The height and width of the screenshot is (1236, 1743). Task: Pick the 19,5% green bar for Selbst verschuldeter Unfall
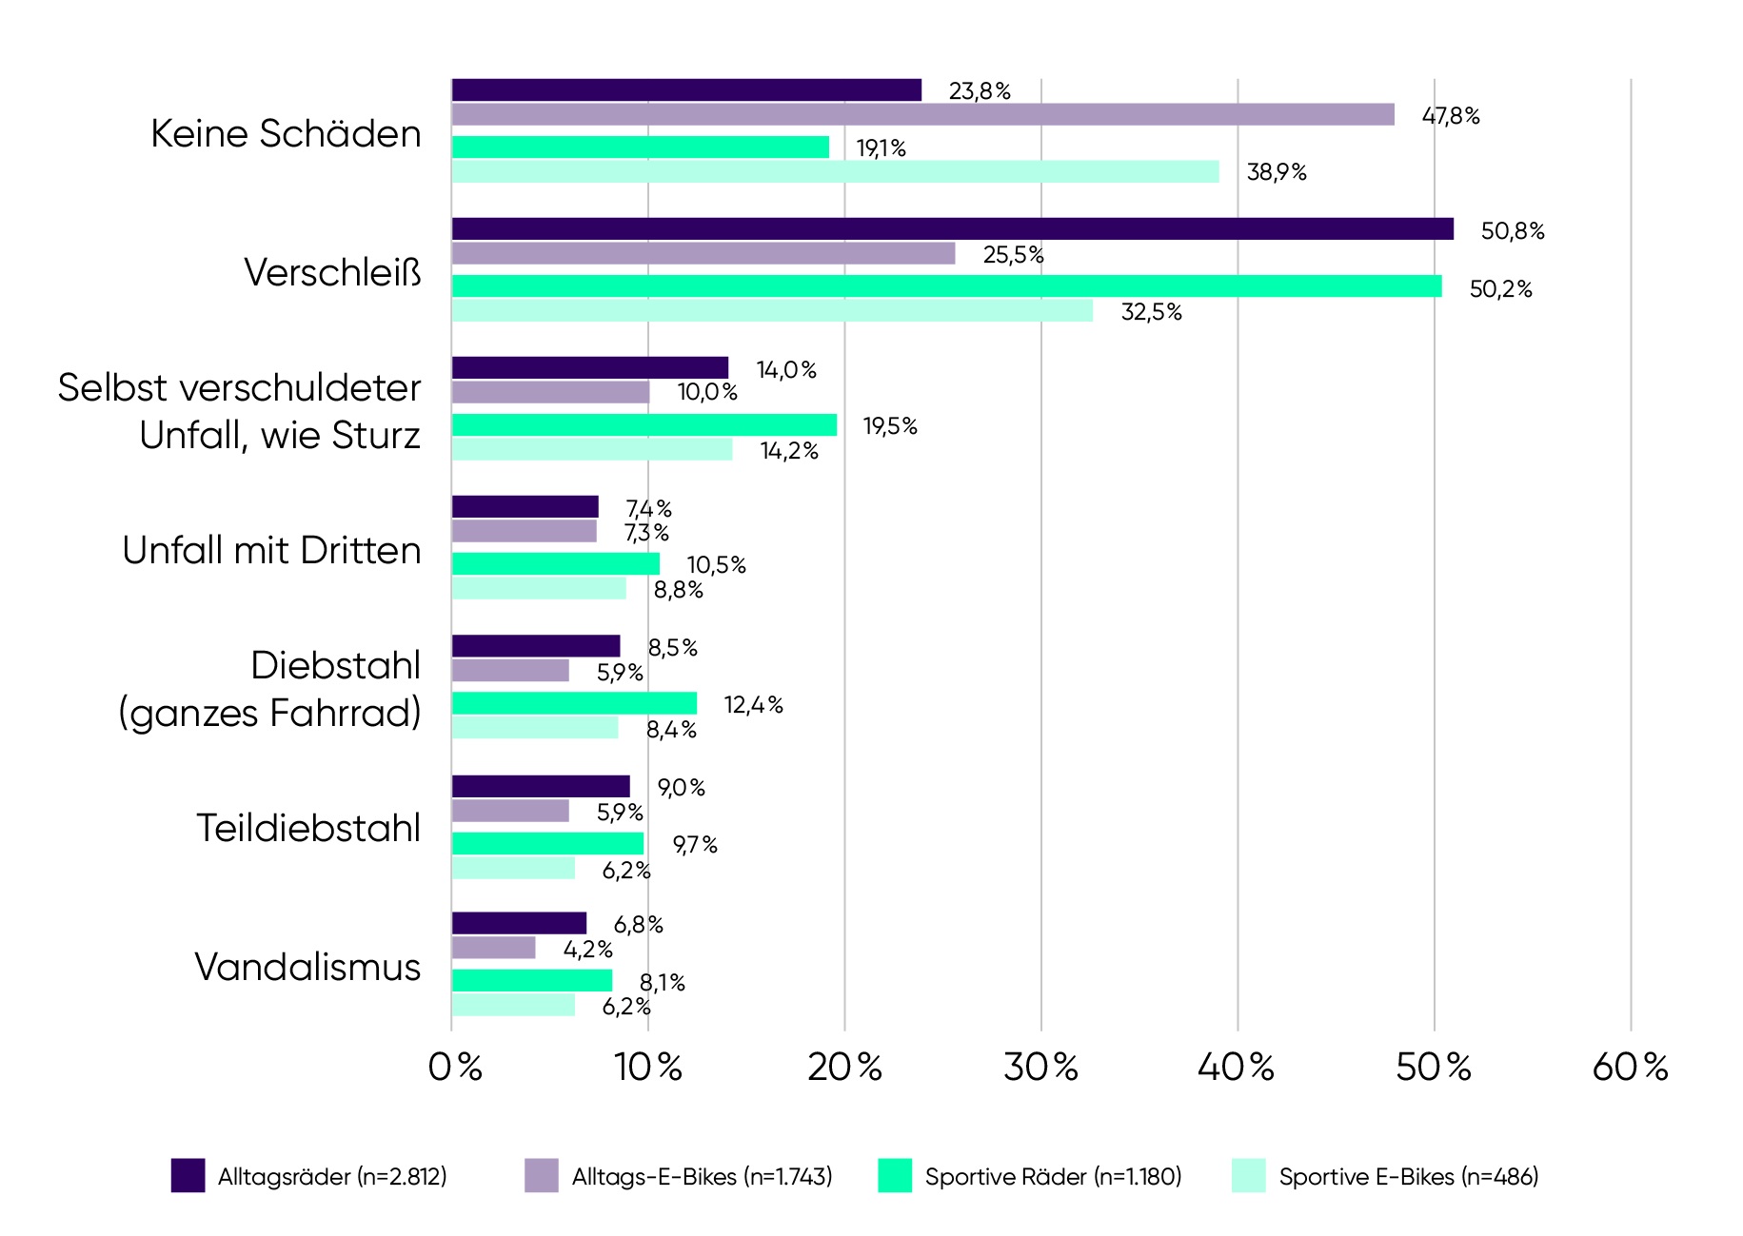(x=644, y=425)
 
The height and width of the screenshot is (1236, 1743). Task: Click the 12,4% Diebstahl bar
(x=573, y=703)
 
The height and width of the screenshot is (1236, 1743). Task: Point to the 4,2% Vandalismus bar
(x=493, y=948)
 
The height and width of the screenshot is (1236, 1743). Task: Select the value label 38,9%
(x=1276, y=172)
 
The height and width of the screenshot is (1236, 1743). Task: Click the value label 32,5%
(x=1151, y=312)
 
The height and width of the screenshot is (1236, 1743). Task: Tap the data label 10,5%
(x=716, y=565)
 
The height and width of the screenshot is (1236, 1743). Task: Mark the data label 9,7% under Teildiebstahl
(x=695, y=845)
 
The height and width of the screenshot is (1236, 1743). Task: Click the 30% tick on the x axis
(x=1040, y=1068)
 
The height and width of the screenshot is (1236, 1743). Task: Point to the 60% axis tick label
(x=1630, y=1068)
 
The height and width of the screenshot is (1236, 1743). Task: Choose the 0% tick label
(x=455, y=1068)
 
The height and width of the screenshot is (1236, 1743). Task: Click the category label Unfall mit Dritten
(x=271, y=550)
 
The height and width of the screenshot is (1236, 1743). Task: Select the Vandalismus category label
(x=307, y=967)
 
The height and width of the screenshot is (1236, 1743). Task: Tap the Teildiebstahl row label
(x=308, y=828)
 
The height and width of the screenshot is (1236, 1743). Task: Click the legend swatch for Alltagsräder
(x=188, y=1175)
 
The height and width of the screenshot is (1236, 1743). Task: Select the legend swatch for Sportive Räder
(x=894, y=1175)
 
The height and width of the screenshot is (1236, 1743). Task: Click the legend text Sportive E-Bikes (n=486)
(x=1408, y=1177)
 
